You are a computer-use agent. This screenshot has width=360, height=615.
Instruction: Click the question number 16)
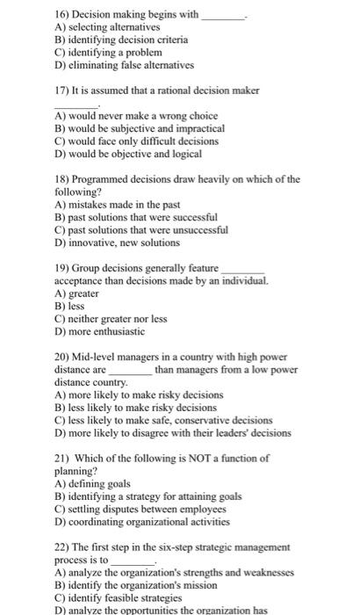click(x=63, y=15)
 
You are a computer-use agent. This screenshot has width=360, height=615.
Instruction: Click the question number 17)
click(x=63, y=90)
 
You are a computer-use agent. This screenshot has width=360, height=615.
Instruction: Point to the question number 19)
click(x=63, y=268)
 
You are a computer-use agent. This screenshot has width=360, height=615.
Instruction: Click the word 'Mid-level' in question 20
click(x=100, y=358)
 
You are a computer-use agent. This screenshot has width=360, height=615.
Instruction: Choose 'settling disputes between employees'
click(x=144, y=509)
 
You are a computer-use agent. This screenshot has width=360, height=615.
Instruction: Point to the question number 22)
click(x=63, y=547)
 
